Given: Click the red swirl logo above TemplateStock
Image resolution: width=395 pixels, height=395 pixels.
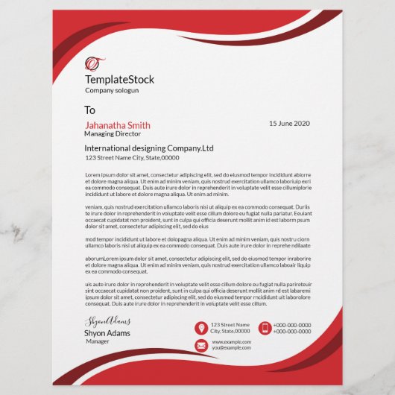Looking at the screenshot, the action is [94, 63].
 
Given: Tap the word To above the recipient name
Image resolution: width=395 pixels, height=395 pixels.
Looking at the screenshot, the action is [90, 110].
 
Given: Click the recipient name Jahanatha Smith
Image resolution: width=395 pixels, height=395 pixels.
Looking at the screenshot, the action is [118, 125].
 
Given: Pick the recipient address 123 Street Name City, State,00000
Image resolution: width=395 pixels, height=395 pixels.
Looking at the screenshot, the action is [132, 157].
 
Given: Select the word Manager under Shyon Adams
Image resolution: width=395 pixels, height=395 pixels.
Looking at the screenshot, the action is [98, 341].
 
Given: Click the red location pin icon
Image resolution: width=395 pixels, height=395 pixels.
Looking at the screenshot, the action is [200, 328].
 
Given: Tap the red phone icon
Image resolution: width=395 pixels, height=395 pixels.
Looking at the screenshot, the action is [265, 328].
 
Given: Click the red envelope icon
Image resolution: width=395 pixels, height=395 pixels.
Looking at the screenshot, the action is [200, 345].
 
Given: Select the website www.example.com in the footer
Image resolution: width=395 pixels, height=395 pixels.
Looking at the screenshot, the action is [231, 341].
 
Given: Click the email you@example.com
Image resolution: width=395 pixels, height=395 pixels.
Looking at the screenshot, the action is [231, 347].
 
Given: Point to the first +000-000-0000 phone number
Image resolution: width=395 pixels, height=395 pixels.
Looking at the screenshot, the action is [292, 325].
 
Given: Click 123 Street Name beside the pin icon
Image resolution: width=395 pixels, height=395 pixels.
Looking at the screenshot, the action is [230, 325].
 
